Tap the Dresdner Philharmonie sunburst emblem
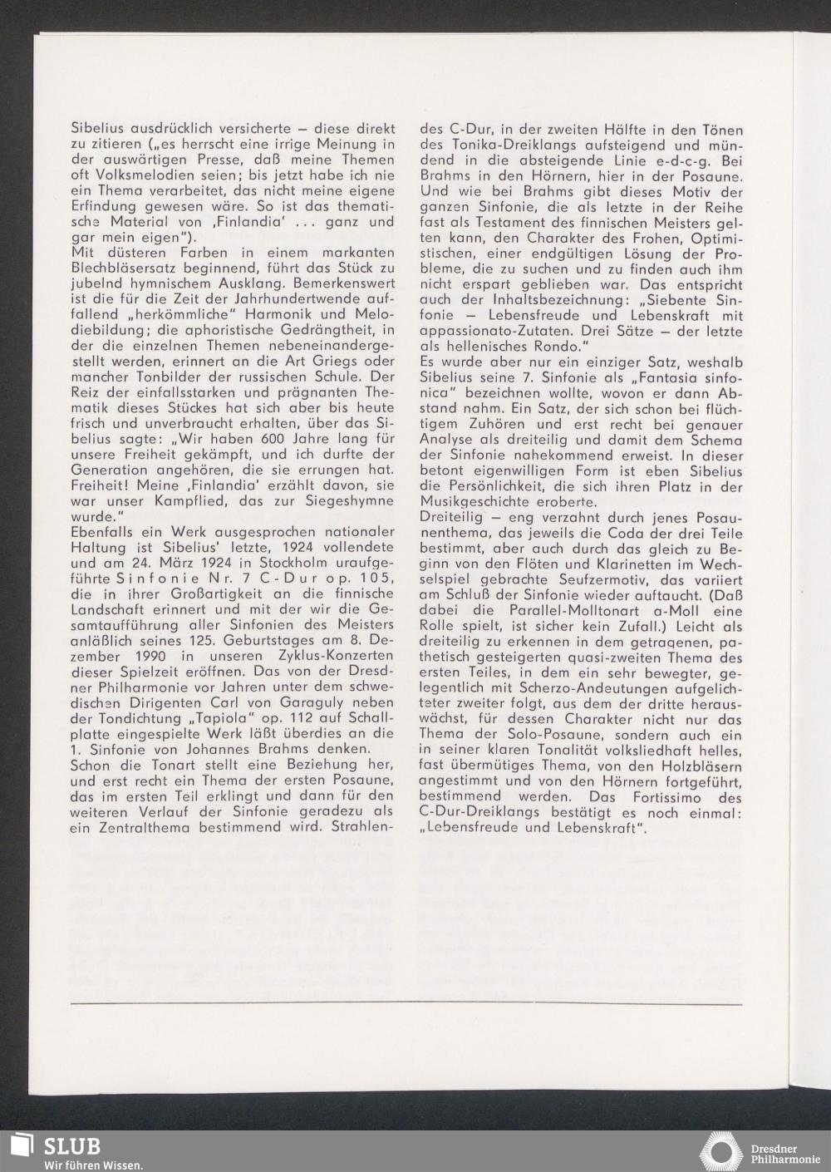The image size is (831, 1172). [x=720, y=1151]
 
